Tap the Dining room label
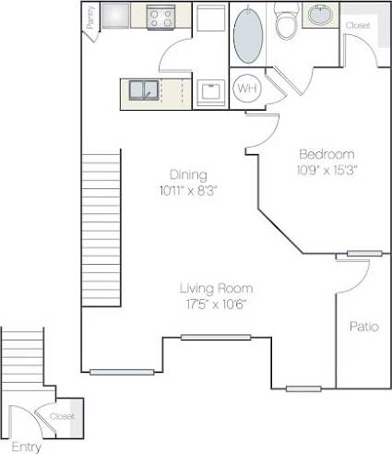[x=187, y=174]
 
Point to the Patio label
[x=365, y=327]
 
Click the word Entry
[x=27, y=447]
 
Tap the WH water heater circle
[x=246, y=89]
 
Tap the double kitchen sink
[x=143, y=90]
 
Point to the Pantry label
[x=90, y=18]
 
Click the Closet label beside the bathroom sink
[x=358, y=26]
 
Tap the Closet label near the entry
[x=62, y=416]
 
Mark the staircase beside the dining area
[x=101, y=230]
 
